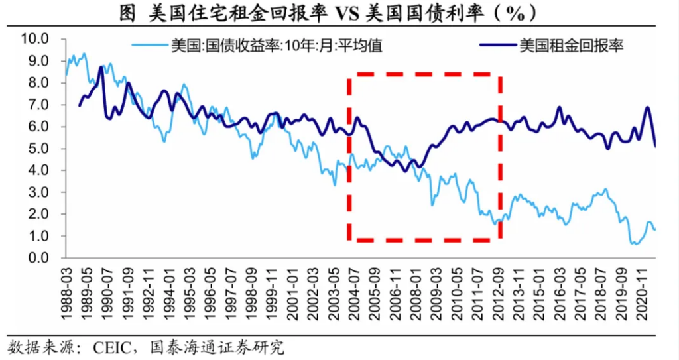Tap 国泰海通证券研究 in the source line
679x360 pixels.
(219, 347)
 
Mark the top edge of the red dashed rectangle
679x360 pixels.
(424, 74)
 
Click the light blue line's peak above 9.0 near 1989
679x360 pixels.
(84, 54)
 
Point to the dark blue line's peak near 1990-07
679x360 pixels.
(101, 67)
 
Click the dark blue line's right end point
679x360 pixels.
(656, 146)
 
